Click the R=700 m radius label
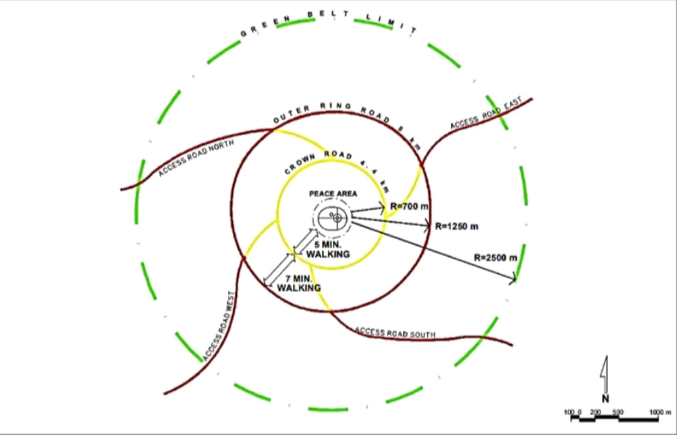click(x=408, y=206)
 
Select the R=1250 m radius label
click(x=455, y=225)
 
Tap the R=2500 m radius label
click(x=495, y=257)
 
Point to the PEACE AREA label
click(x=332, y=194)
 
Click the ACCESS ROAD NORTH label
click(x=195, y=158)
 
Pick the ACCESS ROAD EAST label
click(x=486, y=114)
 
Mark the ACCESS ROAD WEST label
click(x=218, y=327)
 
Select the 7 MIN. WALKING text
click(x=298, y=283)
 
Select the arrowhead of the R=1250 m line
click(x=427, y=225)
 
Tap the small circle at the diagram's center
click(x=336, y=217)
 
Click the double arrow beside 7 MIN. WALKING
click(x=278, y=269)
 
